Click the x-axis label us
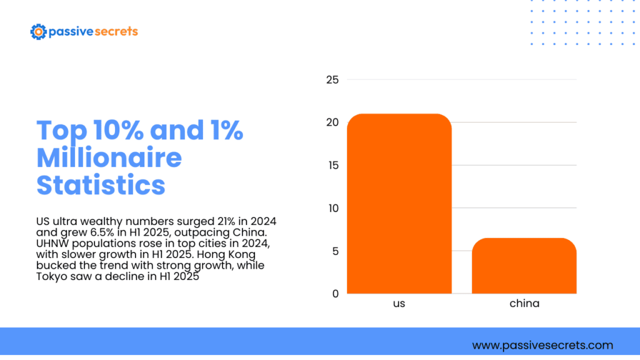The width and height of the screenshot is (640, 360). (x=399, y=304)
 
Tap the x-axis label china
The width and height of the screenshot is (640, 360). (x=524, y=304)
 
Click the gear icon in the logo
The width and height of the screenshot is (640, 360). (x=38, y=31)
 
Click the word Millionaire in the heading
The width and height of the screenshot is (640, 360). (x=109, y=157)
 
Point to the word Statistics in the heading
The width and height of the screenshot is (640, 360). (x=101, y=185)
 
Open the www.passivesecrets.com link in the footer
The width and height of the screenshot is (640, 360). (x=542, y=345)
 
